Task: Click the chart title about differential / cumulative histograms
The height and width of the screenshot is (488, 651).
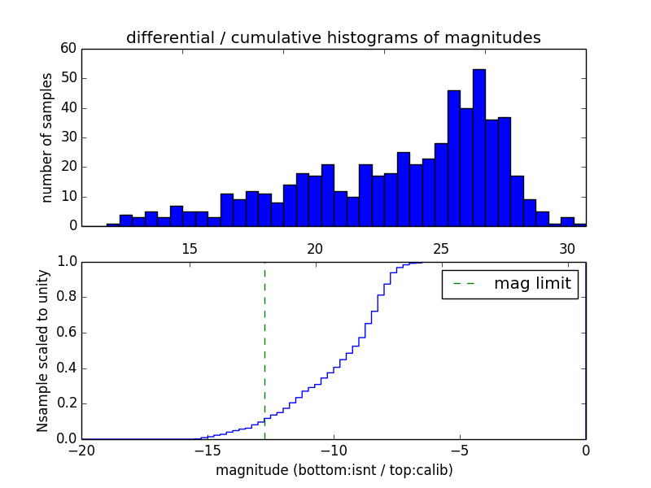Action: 333,38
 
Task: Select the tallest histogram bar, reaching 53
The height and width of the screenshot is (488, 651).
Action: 478,147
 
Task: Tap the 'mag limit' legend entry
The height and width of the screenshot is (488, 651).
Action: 532,285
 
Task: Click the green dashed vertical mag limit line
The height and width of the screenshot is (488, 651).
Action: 264,350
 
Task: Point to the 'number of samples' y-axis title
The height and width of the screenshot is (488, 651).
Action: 47,137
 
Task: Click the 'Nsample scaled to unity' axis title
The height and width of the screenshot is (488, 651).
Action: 42,350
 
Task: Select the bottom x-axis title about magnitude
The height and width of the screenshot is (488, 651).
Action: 334,470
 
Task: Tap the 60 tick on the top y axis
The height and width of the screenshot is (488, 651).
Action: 68,49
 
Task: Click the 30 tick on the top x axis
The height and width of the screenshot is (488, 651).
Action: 567,249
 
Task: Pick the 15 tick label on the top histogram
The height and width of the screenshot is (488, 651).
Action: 190,249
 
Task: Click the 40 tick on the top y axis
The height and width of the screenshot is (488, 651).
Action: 68,108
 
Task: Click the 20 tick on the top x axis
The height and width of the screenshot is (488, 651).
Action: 316,249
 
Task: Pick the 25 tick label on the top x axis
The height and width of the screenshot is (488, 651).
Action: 441,249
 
